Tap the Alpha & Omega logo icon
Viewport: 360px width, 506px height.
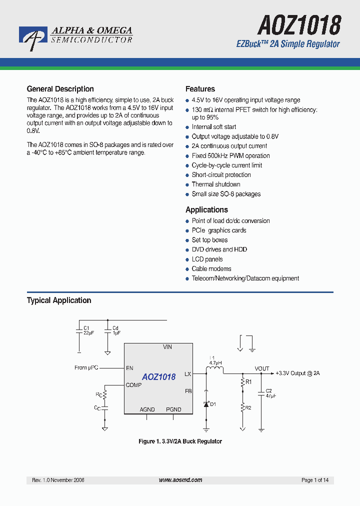(33, 38)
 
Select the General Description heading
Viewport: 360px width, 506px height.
(60, 89)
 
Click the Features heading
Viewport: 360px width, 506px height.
(200, 89)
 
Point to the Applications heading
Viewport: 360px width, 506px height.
(206, 210)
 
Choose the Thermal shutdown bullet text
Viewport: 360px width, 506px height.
(216, 184)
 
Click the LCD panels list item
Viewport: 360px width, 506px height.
(207, 259)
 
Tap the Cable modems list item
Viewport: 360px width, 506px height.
(211, 269)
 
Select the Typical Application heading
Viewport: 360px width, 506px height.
(58, 300)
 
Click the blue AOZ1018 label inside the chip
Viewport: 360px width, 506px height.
(158, 377)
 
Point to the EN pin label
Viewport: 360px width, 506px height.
(129, 368)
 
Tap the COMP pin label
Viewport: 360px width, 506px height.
(133, 385)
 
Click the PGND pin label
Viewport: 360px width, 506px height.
(173, 409)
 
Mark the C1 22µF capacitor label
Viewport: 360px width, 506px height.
(88, 330)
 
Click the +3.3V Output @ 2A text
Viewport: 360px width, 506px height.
(297, 373)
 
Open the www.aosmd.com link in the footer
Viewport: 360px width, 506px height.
(180, 480)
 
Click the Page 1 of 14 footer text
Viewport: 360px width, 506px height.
(315, 480)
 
